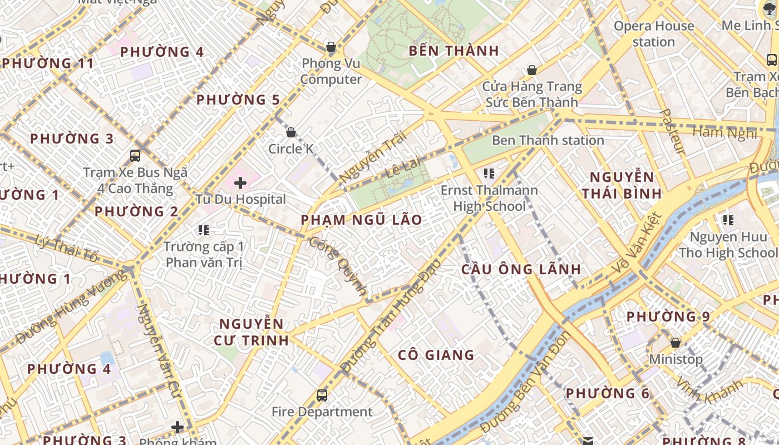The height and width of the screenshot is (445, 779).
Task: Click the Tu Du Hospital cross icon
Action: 240,182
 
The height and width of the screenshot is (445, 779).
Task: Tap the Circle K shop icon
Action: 290,132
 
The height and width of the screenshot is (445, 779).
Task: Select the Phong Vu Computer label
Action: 331,72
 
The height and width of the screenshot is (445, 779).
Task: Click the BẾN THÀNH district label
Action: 454,51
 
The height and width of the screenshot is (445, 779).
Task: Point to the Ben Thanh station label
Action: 548,140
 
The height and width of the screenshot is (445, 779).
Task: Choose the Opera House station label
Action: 653,34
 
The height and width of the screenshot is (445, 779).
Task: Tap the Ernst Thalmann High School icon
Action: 489,174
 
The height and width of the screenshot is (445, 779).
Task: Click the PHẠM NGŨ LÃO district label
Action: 361,220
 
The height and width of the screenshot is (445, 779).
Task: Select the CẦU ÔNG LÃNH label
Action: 521,269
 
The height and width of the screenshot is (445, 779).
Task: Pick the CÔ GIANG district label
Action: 436,355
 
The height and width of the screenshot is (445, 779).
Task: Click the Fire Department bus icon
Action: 322,395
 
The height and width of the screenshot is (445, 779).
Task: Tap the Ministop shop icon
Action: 676,343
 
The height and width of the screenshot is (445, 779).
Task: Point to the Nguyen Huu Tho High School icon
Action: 728,220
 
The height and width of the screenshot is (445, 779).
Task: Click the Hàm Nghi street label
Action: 724,132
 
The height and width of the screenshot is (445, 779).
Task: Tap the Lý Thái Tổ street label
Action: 66,249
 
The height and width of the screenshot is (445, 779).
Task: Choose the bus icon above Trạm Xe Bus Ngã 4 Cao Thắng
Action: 135,156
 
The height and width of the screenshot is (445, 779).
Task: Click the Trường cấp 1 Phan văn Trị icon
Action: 204,230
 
